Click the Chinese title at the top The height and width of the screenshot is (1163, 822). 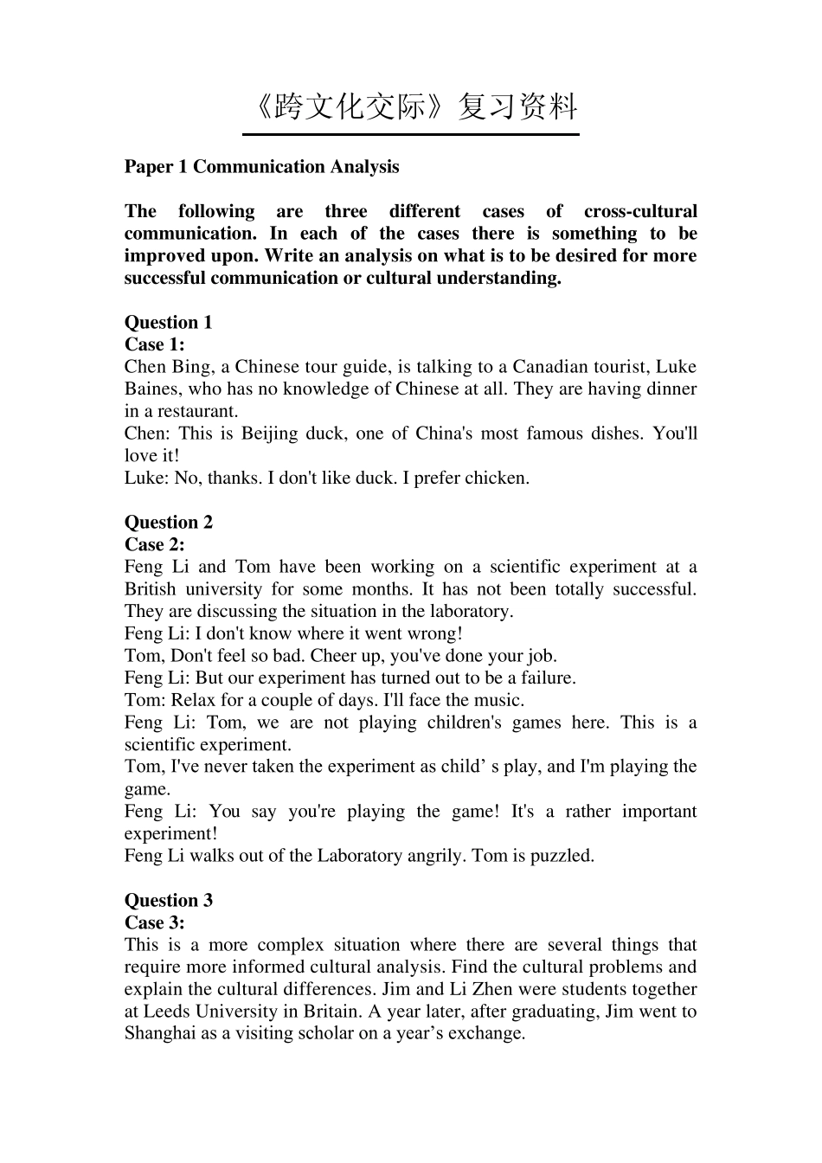pyautogui.click(x=412, y=106)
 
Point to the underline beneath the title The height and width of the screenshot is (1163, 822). pyautogui.click(x=410, y=134)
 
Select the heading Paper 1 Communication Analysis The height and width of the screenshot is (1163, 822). pyautogui.click(x=261, y=167)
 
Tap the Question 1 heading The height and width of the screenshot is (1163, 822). pyautogui.click(x=168, y=323)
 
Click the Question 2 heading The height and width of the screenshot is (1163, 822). pyautogui.click(x=168, y=523)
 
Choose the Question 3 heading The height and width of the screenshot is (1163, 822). pyautogui.click(x=168, y=901)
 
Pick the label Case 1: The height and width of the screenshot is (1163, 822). pyautogui.click(x=154, y=344)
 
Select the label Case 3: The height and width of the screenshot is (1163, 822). pyautogui.click(x=154, y=922)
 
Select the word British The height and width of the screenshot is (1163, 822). pyautogui.click(x=150, y=589)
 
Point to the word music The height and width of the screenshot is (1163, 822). pyautogui.click(x=499, y=700)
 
